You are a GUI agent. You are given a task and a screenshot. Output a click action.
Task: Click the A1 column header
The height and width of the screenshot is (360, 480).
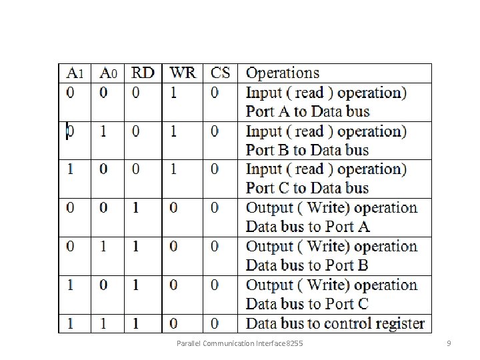pos(75,73)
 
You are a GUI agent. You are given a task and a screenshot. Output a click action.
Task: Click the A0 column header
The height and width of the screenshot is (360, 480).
pos(108,73)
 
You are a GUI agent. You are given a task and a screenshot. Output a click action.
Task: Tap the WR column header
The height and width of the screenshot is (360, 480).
pos(183,73)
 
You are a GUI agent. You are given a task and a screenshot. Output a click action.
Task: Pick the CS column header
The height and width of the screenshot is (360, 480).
pos(219,73)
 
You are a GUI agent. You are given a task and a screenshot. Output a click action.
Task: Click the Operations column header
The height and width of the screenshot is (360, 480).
pos(283,73)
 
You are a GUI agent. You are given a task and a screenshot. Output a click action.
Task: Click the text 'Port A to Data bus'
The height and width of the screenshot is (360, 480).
pos(307,111)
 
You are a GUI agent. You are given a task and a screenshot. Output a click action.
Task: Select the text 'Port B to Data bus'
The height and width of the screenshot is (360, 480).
pos(307,150)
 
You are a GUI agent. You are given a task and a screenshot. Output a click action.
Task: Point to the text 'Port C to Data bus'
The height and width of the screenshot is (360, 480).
pos(307,188)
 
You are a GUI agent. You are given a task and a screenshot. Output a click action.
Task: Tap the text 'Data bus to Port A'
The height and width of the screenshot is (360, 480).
pos(307,227)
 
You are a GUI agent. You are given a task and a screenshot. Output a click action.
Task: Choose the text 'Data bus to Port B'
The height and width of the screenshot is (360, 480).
pos(307,265)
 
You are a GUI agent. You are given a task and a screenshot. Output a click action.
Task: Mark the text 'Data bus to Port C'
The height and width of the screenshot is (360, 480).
pos(307,304)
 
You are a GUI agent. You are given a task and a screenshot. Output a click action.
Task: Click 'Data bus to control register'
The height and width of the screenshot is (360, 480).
pos(335,324)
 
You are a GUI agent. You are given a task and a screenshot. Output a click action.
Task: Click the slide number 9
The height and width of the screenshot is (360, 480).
pos(449,343)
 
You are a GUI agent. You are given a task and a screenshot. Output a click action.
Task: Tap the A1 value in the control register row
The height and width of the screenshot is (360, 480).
pos(71,324)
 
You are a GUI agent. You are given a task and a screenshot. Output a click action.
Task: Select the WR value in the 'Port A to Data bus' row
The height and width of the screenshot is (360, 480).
pos(174,93)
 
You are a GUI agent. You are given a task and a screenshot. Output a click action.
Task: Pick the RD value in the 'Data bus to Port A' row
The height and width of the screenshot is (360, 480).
pos(136,208)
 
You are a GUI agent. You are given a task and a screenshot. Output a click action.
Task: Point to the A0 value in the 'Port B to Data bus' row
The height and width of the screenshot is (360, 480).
pos(103,131)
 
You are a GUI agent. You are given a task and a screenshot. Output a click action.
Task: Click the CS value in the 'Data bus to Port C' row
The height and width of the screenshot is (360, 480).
pos(214,285)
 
